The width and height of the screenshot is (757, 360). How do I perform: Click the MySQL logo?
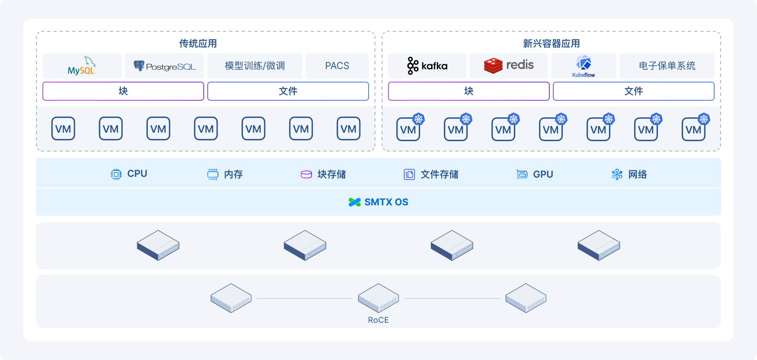click(82, 66)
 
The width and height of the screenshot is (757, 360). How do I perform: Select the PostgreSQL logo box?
click(164, 66)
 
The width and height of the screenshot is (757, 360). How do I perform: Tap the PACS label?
click(337, 66)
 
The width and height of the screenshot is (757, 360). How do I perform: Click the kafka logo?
click(427, 66)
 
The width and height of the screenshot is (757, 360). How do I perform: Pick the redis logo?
click(509, 65)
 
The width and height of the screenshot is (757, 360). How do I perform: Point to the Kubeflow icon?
click(584, 63)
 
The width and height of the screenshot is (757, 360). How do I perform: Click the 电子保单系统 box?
click(667, 66)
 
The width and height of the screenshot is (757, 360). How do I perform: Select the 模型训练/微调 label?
click(255, 66)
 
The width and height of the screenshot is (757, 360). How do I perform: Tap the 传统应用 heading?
click(198, 44)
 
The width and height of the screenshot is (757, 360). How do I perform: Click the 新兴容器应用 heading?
click(551, 44)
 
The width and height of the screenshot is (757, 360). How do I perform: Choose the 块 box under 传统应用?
click(123, 91)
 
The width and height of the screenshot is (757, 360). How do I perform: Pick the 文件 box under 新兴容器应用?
click(634, 91)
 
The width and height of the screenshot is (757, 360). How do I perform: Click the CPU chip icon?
click(116, 174)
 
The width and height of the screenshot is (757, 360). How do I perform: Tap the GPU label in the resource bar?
click(543, 174)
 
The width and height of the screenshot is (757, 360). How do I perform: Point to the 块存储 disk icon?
click(306, 174)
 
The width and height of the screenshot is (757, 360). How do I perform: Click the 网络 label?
click(637, 174)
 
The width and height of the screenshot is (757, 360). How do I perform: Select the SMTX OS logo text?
click(378, 202)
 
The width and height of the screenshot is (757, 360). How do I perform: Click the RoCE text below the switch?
click(378, 320)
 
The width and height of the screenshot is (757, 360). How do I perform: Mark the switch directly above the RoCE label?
click(378, 298)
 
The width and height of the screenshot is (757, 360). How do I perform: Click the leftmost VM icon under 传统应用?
click(63, 128)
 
